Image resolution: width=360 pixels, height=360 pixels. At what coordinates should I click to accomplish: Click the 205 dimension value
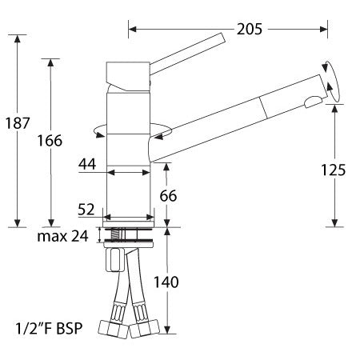pyautogui.click(x=250, y=30)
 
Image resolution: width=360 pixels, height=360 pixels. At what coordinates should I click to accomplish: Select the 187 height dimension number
pyautogui.click(x=18, y=123)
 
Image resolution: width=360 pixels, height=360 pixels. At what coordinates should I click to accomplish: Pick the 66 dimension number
pyautogui.click(x=168, y=194)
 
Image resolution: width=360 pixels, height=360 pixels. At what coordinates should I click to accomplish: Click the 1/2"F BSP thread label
pyautogui.click(x=47, y=328)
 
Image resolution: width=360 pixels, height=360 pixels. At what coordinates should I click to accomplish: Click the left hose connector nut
pyautogui.click(x=111, y=329)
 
